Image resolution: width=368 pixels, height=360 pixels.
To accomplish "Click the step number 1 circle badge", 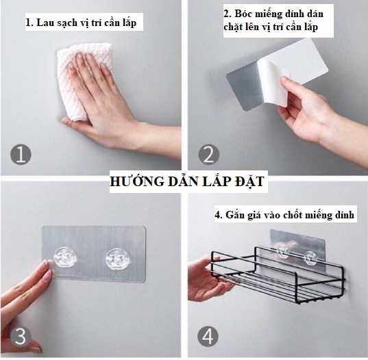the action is point(21,154).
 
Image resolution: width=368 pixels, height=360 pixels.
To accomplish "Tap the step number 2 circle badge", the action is point(208,154).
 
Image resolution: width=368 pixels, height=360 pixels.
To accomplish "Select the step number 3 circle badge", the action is point(21,336).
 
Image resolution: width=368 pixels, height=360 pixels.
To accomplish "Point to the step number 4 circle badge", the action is point(208,337).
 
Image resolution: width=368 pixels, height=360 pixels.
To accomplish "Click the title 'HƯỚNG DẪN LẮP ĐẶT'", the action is point(187,181).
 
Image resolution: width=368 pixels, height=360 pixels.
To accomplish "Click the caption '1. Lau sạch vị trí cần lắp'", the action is point(81,23).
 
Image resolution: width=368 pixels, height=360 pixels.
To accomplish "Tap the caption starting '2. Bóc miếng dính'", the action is point(273,21).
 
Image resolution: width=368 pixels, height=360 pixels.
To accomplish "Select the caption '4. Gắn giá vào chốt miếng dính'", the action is point(284,215).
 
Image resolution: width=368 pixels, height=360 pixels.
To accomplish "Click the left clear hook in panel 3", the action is point(65,257).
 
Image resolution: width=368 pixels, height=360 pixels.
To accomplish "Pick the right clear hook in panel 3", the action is point(116,258).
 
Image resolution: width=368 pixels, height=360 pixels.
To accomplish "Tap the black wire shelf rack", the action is point(278,274).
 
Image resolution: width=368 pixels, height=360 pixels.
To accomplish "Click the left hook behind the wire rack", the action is point(282,251).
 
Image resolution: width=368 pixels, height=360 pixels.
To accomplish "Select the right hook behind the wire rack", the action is point(310,257).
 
